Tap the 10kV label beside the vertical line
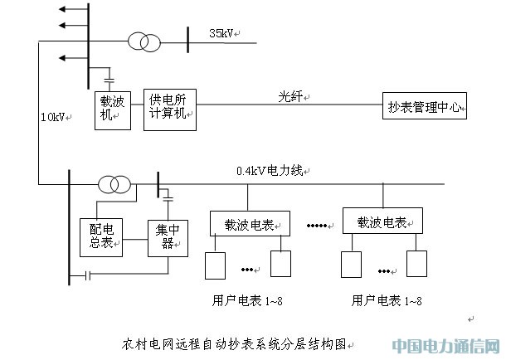click(51, 118)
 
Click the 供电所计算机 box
click(170, 108)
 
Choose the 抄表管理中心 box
click(423, 106)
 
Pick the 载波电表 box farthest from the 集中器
click(382, 223)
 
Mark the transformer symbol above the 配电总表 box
click(114, 183)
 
